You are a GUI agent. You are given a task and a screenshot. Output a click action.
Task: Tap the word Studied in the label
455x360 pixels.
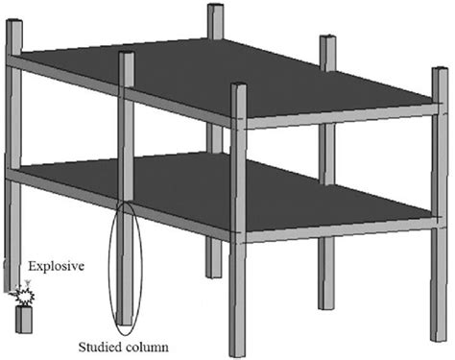click(98, 345)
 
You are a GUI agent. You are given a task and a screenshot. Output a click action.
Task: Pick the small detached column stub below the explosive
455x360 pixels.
click(23, 319)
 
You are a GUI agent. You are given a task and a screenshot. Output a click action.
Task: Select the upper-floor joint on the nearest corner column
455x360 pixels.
click(238, 123)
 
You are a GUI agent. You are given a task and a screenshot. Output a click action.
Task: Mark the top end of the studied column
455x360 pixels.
click(126, 55)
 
